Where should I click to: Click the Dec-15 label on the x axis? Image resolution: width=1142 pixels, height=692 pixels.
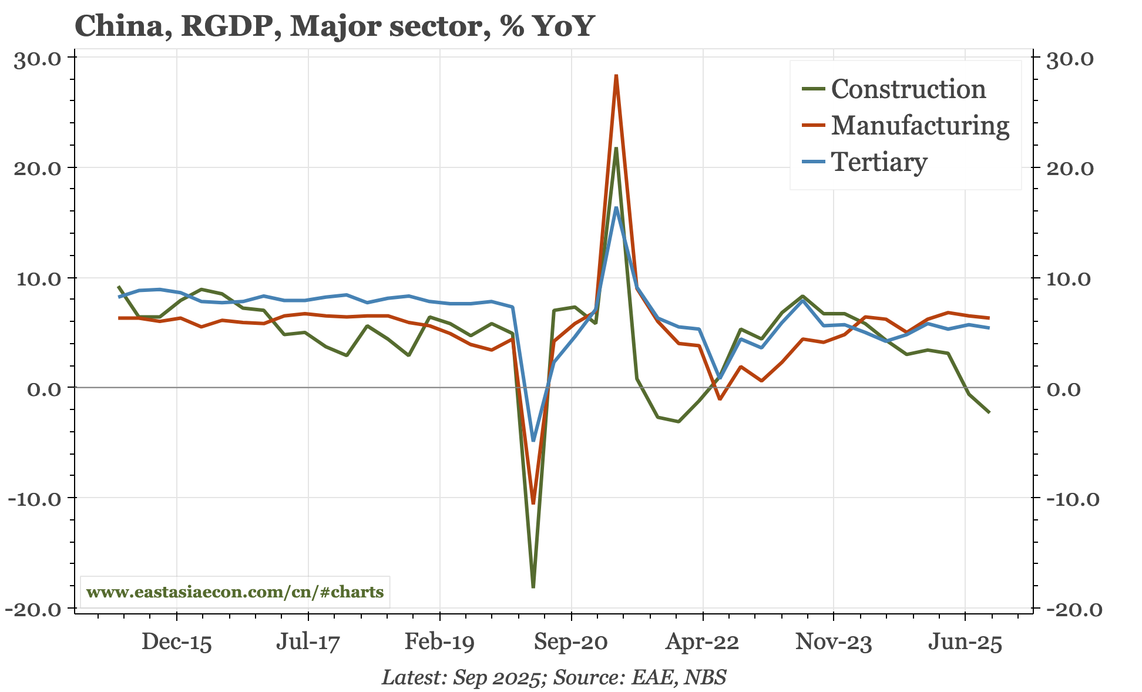point(177,642)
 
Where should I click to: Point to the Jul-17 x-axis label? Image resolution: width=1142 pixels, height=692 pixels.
point(308,642)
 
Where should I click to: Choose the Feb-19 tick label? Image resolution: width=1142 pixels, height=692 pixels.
point(439,642)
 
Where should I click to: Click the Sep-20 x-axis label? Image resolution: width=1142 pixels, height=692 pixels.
point(570,642)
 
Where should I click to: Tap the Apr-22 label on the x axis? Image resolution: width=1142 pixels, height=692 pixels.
point(702,642)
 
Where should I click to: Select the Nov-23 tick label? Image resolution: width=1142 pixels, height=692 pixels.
point(834,642)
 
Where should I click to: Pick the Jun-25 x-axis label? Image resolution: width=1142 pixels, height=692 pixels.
point(965,642)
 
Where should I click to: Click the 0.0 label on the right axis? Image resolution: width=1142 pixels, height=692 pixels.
point(1064,389)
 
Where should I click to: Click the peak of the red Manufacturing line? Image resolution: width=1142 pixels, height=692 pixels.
point(616,76)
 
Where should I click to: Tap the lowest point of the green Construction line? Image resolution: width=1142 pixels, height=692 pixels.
point(533,586)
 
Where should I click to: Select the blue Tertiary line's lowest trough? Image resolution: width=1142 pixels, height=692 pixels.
point(533,440)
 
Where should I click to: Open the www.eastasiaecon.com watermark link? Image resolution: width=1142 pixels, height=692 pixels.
point(235,592)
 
